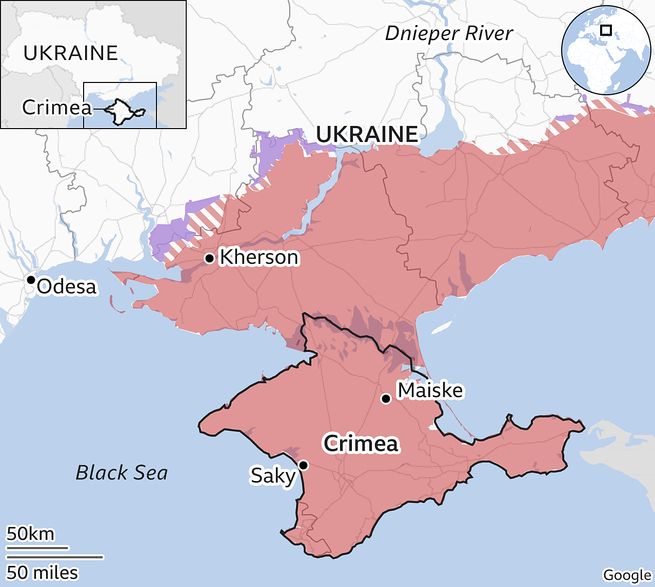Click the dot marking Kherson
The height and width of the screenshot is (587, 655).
(x=209, y=258)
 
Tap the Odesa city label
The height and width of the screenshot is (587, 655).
(x=67, y=286)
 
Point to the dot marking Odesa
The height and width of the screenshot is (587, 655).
(x=31, y=280)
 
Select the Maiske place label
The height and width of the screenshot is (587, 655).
(x=430, y=390)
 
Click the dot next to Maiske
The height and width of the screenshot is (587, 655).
(x=386, y=399)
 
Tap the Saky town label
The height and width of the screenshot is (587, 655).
(x=273, y=476)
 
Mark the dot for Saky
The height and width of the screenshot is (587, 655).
(x=303, y=465)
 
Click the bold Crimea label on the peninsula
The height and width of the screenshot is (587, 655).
(x=361, y=443)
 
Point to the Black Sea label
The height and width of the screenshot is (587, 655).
(x=122, y=472)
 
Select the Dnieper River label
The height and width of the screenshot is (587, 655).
(x=449, y=33)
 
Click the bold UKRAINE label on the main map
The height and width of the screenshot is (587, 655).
(x=367, y=134)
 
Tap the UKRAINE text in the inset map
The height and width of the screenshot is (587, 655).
(x=71, y=53)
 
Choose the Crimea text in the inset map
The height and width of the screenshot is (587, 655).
(x=57, y=108)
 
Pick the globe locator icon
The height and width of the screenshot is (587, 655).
(x=606, y=50)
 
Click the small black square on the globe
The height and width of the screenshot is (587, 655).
(x=606, y=30)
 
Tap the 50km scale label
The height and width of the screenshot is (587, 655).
(x=30, y=534)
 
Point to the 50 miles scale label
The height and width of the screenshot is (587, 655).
(x=42, y=572)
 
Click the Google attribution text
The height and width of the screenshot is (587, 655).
(x=627, y=575)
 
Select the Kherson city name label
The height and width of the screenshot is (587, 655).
(x=259, y=257)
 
